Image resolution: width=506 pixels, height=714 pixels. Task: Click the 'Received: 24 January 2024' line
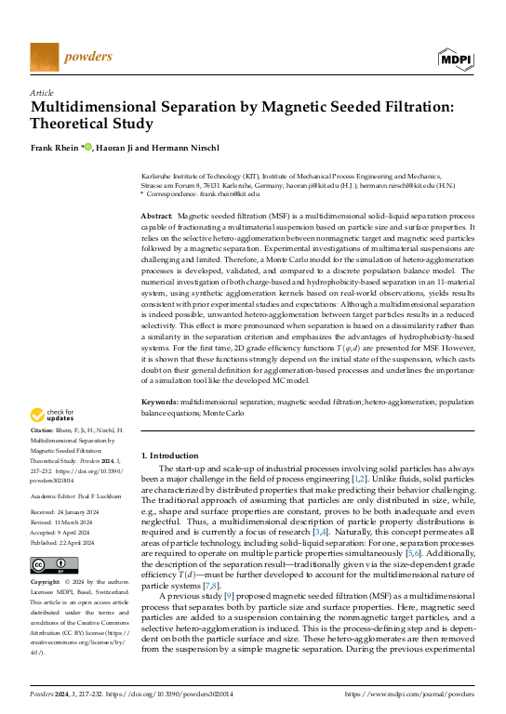tap(70, 510)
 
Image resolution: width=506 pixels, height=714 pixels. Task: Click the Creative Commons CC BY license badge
tap(54, 565)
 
